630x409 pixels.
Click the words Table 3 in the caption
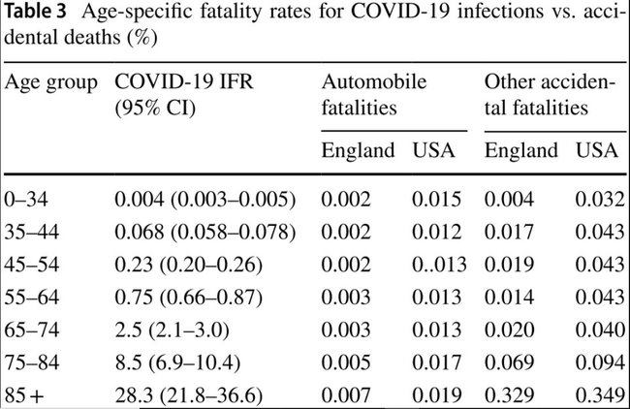tap(35, 12)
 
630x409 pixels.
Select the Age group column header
tap(51, 83)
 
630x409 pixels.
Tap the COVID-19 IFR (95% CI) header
tap(184, 95)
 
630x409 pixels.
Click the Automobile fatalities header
tap(374, 95)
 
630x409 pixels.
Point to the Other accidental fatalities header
tap(550, 95)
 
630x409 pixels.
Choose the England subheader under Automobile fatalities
tap(358, 150)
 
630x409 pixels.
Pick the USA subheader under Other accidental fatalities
tap(597, 150)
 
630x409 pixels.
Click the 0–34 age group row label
tap(26, 200)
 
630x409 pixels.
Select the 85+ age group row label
tap(24, 395)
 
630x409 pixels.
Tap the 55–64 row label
tap(32, 298)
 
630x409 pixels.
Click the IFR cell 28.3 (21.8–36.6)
tap(189, 395)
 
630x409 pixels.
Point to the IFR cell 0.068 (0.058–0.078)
tap(205, 233)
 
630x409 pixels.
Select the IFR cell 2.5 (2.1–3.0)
tap(172, 330)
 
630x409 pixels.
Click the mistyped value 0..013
tap(439, 265)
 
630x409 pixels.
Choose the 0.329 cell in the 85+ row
tap(510, 395)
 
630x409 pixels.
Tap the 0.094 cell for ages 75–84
tap(600, 362)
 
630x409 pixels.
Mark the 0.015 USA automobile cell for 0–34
tap(437, 200)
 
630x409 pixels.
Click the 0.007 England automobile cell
tap(346, 395)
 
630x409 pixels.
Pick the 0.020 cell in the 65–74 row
tap(510, 330)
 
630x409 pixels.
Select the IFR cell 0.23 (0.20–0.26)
tap(188, 265)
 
